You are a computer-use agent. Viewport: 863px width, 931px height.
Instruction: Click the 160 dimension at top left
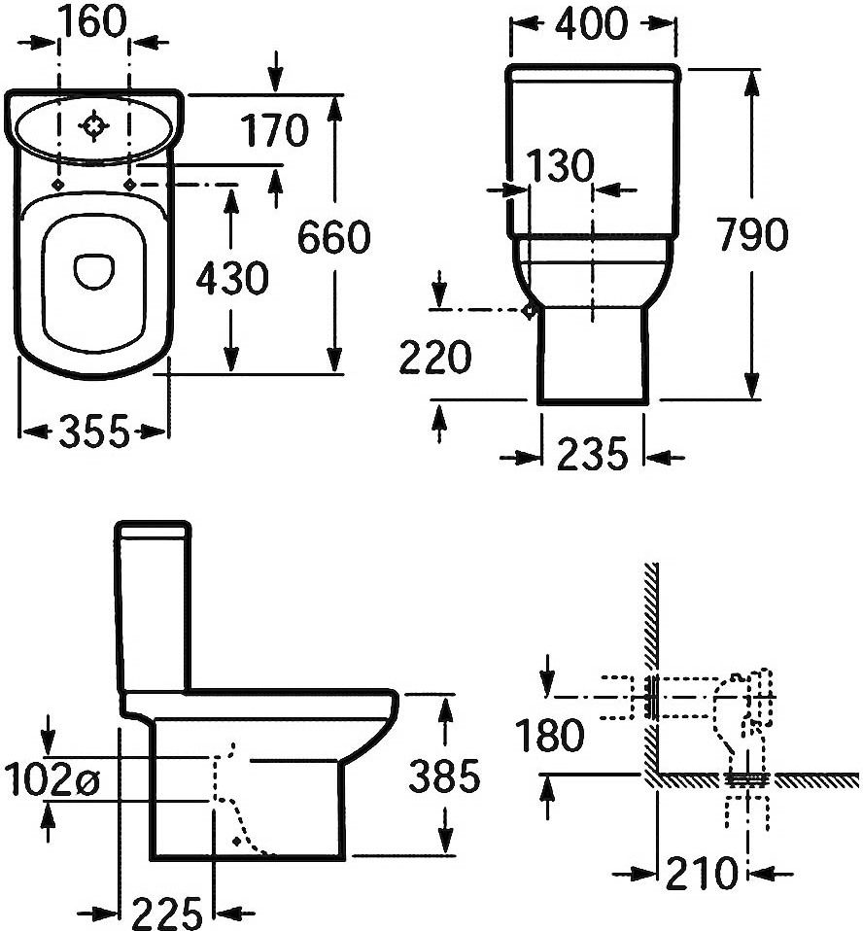pos(94,21)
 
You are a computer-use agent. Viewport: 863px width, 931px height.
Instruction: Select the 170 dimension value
pos(275,129)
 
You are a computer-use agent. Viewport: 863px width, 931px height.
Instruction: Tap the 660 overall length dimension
pos(333,237)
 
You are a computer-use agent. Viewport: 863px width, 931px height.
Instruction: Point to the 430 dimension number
pos(231,280)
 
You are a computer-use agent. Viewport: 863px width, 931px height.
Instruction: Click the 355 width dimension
pos(93,431)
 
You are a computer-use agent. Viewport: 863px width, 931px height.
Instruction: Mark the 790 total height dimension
pos(749,234)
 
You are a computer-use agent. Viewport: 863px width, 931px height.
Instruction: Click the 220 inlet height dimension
pos(434,360)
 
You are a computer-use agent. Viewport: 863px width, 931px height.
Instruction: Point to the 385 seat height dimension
pos(443,776)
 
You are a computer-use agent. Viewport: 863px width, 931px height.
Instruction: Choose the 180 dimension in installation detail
pos(550,736)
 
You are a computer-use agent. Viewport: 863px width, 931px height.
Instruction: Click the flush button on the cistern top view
pos(94,125)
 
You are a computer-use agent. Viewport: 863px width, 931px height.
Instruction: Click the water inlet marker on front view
pos(529,311)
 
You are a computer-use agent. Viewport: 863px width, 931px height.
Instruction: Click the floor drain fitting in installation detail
pos(745,778)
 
